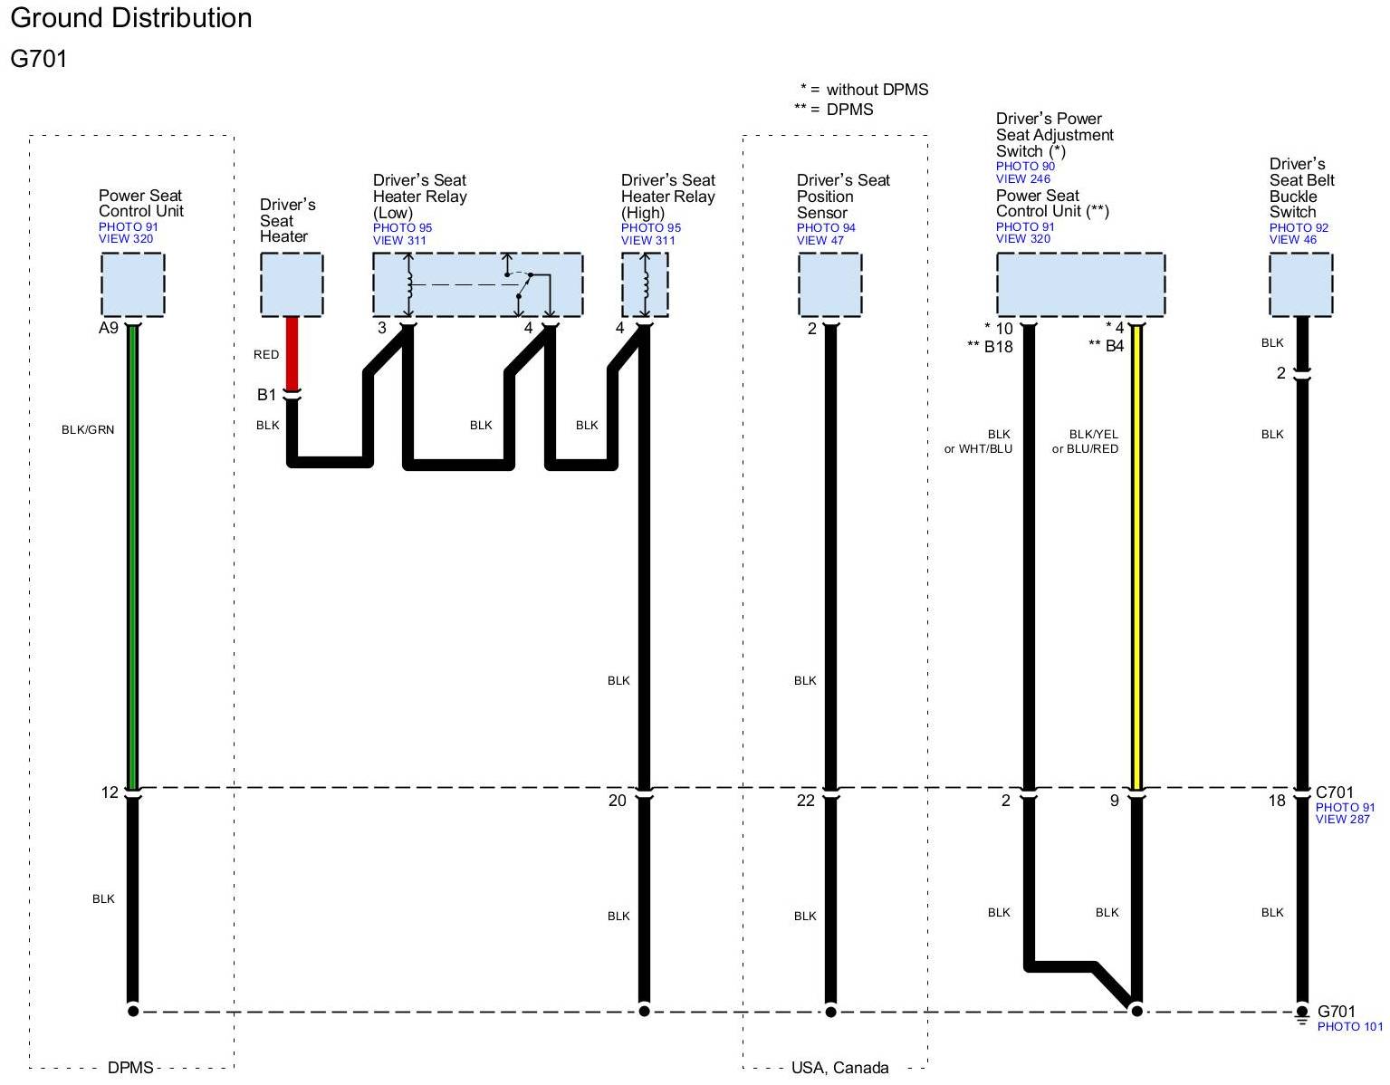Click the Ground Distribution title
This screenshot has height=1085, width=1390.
tap(131, 18)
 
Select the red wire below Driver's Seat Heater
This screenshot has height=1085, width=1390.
tap(292, 353)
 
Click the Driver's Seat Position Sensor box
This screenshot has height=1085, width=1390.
tap(829, 284)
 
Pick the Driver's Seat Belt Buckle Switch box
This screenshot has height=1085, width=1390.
tap(1300, 284)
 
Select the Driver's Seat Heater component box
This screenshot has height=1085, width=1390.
tap(292, 284)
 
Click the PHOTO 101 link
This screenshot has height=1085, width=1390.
tap(1349, 1027)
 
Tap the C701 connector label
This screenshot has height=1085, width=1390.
tap(1335, 792)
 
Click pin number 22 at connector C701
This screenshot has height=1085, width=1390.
tap(806, 801)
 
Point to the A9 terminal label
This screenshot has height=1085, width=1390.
tap(109, 328)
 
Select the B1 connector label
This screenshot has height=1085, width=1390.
tap(266, 395)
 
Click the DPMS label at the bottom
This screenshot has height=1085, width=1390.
tap(130, 1068)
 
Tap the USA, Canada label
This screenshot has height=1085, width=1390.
tap(839, 1068)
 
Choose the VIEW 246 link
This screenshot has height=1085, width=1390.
tap(1023, 178)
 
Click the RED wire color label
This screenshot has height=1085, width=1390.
tap(266, 354)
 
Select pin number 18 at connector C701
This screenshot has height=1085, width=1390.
tap(1277, 801)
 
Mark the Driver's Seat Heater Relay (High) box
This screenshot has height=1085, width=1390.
tap(645, 284)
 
